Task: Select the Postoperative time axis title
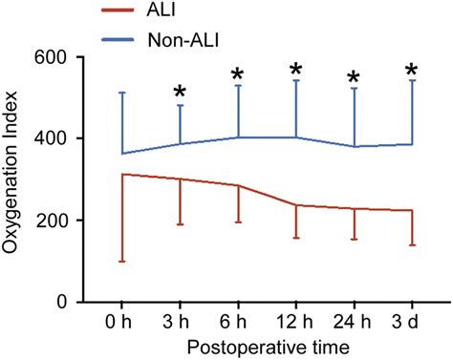266,346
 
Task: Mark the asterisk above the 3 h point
180,93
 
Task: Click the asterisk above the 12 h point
295,70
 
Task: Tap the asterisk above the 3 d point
412,71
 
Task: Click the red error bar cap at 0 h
121,261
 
